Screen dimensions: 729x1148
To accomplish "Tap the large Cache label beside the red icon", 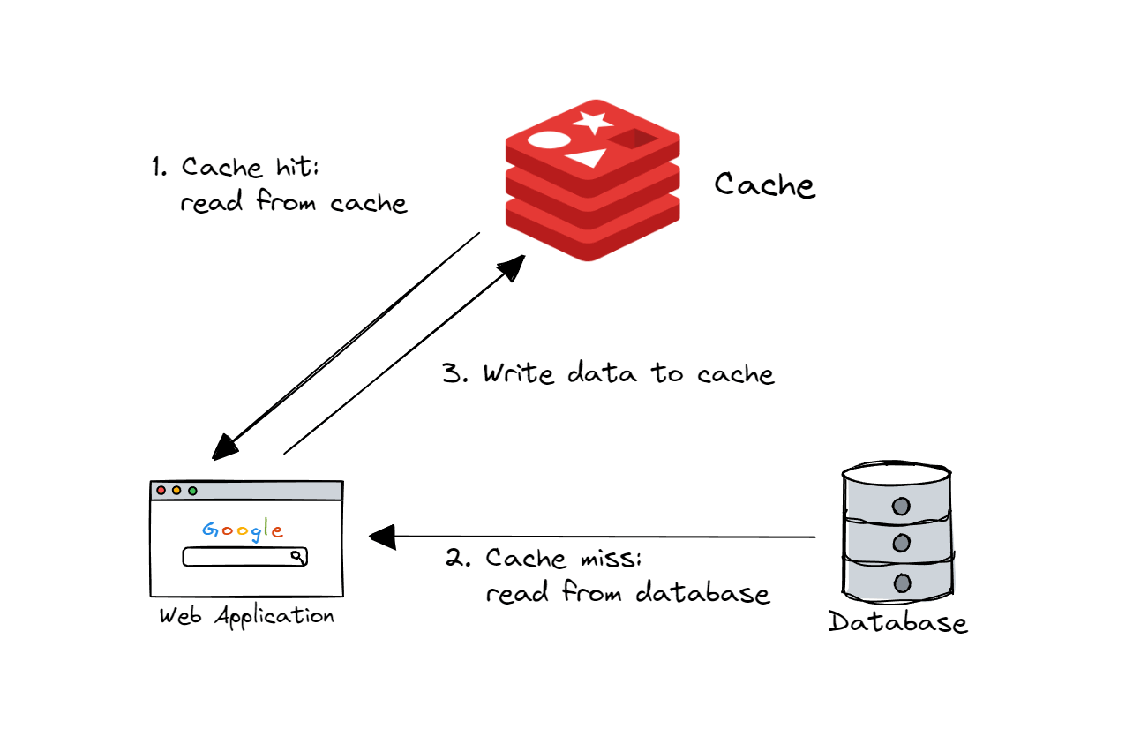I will [x=764, y=185].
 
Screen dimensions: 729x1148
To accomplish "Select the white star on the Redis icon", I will [x=592, y=123].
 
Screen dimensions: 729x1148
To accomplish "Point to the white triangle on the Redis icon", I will [x=587, y=159].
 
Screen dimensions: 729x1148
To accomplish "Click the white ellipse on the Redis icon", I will [x=546, y=139].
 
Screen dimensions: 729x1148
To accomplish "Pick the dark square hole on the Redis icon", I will [x=633, y=139].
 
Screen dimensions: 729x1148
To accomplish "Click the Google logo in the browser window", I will [x=243, y=530].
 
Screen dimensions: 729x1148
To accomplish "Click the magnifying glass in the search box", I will [x=297, y=557].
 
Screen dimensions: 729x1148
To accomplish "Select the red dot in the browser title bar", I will [x=161, y=491].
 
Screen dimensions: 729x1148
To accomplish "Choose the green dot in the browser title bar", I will [x=192, y=491].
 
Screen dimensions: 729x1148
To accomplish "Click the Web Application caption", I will [x=246, y=616].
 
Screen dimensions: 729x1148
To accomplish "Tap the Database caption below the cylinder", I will [x=897, y=622].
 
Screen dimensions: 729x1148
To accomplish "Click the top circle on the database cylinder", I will [x=900, y=507].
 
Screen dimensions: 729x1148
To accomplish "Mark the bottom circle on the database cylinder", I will [x=900, y=582].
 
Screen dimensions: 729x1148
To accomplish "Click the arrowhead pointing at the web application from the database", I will [x=381, y=537].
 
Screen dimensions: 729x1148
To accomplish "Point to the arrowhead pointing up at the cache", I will [x=513, y=264].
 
